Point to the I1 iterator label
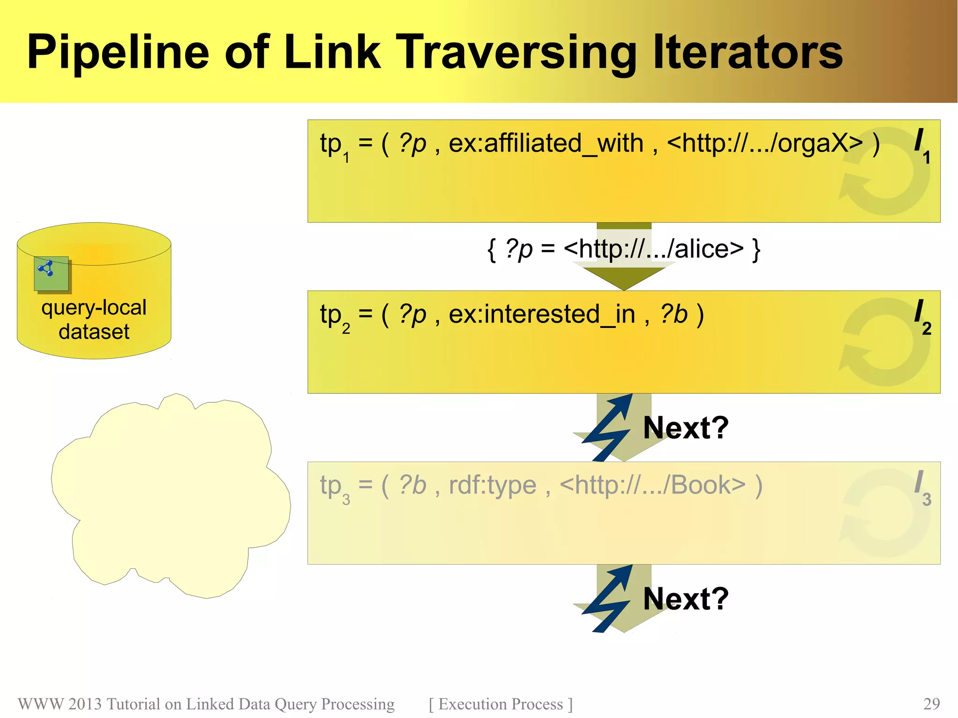tap(922, 145)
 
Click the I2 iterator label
tap(922, 316)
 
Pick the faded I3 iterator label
tap(922, 487)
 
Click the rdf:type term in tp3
tap(492, 486)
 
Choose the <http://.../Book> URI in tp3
tap(653, 486)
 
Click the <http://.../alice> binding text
tap(653, 249)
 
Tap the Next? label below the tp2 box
tap(686, 428)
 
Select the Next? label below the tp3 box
tap(686, 599)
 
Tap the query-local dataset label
tap(94, 319)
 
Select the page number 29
tap(931, 703)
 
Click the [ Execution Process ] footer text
tap(501, 704)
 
